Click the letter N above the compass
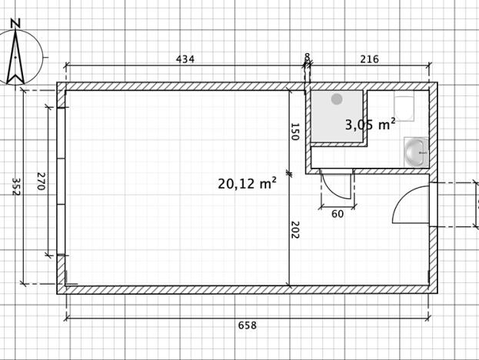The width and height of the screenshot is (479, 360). coord(16,24)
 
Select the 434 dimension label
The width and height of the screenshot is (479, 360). coord(185,59)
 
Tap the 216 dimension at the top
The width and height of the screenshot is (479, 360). coord(369,59)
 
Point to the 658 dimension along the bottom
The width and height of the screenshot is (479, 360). coord(247,325)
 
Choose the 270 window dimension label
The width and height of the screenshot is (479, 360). coord(41,182)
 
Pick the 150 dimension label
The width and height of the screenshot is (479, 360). coord(294,132)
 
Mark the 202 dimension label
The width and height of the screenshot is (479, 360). coord(294,230)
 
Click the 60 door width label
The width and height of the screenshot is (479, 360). coord(337,215)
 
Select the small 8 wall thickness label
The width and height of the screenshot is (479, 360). coord(308,57)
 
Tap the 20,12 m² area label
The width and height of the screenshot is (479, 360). coord(247,183)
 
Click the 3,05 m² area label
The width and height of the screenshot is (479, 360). coord(370,124)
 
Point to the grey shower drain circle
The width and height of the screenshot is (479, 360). coord(337,99)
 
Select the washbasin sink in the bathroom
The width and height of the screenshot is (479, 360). coord(416,152)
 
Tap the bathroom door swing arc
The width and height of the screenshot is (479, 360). coord(335,188)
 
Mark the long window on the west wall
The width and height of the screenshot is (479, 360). coord(61,182)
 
